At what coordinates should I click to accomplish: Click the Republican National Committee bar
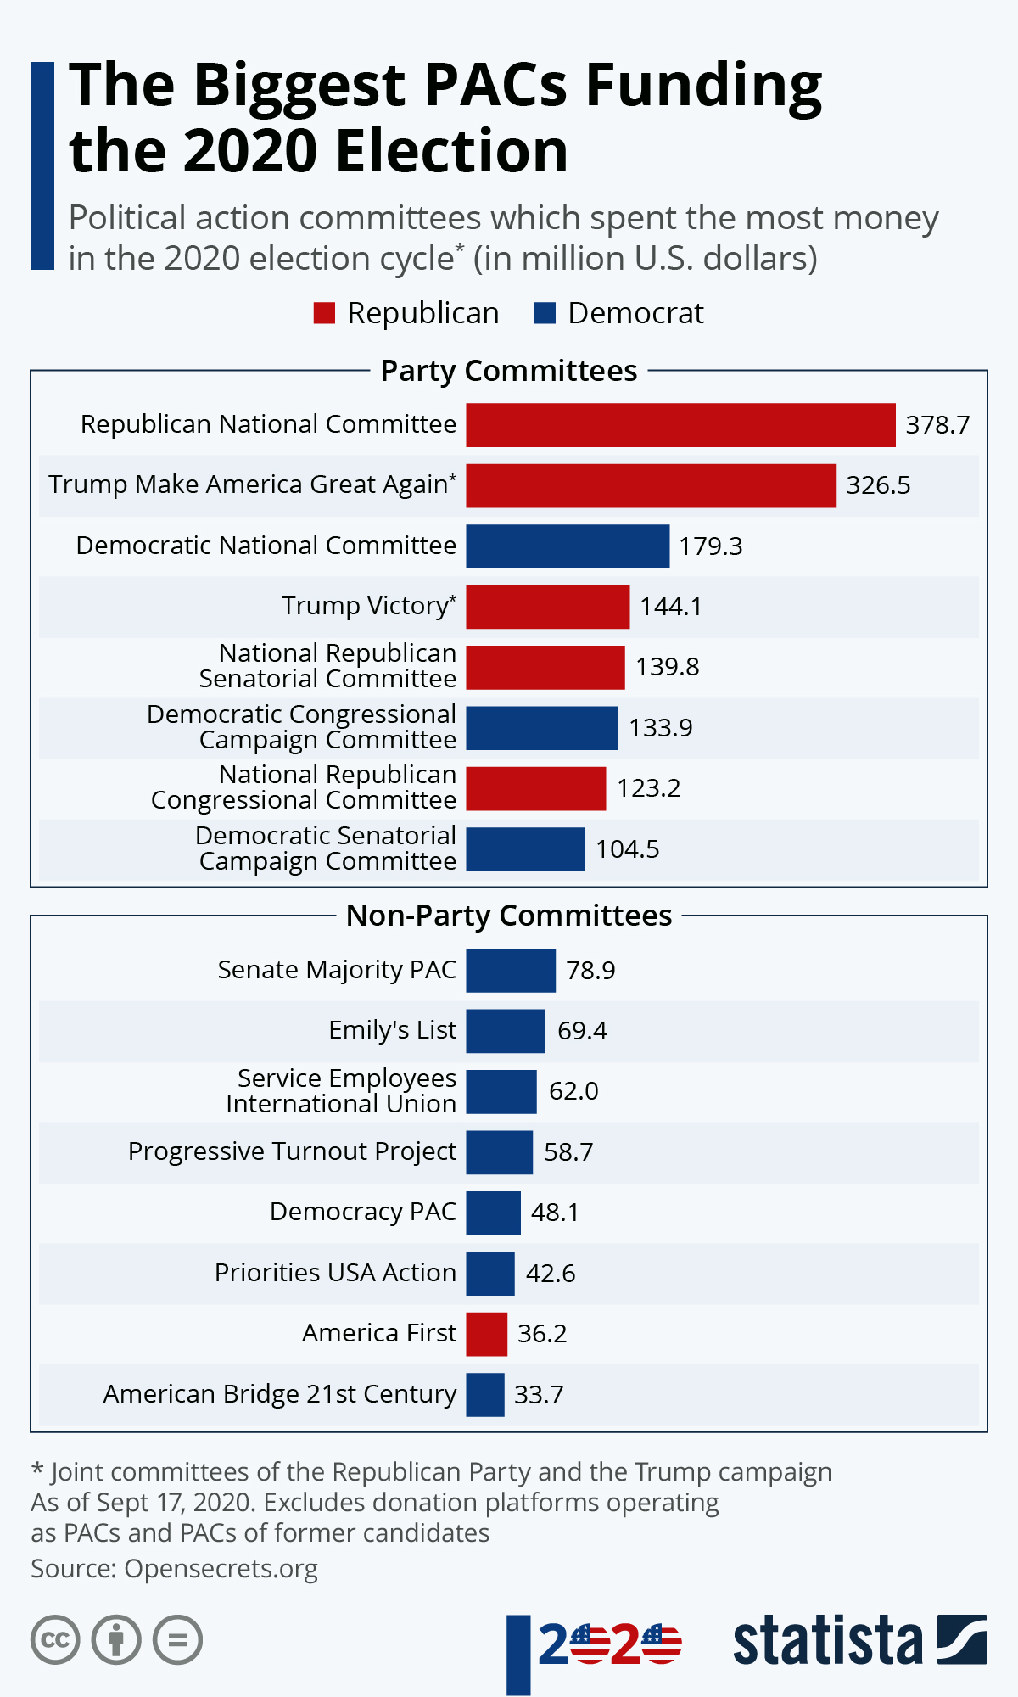click(x=680, y=424)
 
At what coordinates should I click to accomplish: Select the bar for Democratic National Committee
click(x=568, y=546)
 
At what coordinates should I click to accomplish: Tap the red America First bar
click(x=486, y=1334)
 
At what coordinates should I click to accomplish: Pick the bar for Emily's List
click(x=505, y=1031)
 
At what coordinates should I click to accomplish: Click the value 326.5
click(x=878, y=485)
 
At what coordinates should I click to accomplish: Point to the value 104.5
click(x=627, y=849)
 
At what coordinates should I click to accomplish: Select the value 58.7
click(x=568, y=1152)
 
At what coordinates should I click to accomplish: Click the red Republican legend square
click(x=324, y=313)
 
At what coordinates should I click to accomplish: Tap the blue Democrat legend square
click(x=545, y=313)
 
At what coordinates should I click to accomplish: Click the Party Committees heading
click(x=509, y=371)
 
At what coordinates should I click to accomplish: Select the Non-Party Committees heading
click(x=509, y=916)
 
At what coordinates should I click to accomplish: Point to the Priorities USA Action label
click(x=335, y=1273)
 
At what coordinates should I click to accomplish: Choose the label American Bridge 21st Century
click(x=280, y=1394)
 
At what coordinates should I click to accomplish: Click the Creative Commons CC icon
click(x=55, y=1639)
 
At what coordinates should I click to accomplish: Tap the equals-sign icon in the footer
click(x=177, y=1639)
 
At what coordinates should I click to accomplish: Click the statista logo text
click(x=827, y=1639)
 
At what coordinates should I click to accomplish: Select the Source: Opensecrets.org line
click(x=174, y=1569)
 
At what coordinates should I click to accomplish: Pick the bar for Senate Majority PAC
click(x=511, y=970)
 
